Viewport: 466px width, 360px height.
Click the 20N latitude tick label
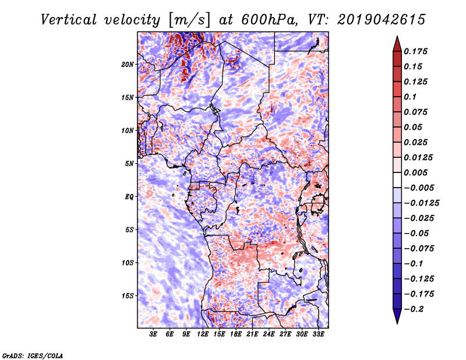pos(128,65)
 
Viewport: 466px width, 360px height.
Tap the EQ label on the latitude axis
pos(129,197)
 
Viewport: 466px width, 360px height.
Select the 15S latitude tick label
pos(128,296)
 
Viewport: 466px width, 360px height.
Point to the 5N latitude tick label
pos(129,164)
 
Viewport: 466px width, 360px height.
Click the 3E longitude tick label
pos(153,334)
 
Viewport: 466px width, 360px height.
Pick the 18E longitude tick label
pos(236,334)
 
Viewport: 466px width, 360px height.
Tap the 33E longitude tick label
pos(318,334)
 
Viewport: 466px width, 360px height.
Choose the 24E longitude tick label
pos(269,334)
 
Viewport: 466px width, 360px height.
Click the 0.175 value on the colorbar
pos(415,51)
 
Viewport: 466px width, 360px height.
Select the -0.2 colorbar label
pos(414,309)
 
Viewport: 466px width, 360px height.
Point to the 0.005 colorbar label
pos(415,172)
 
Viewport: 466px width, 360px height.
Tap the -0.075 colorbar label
pos(419,249)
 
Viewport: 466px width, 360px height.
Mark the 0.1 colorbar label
pos(410,97)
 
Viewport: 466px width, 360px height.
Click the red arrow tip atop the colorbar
pos(397,36)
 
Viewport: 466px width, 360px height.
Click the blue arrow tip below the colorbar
pos(397,323)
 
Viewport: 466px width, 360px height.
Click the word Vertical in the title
pos(69,20)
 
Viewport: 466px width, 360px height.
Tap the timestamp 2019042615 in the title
pos(382,20)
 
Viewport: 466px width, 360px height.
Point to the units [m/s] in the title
pos(189,20)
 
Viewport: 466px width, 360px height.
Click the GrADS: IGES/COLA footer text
pos(33,355)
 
